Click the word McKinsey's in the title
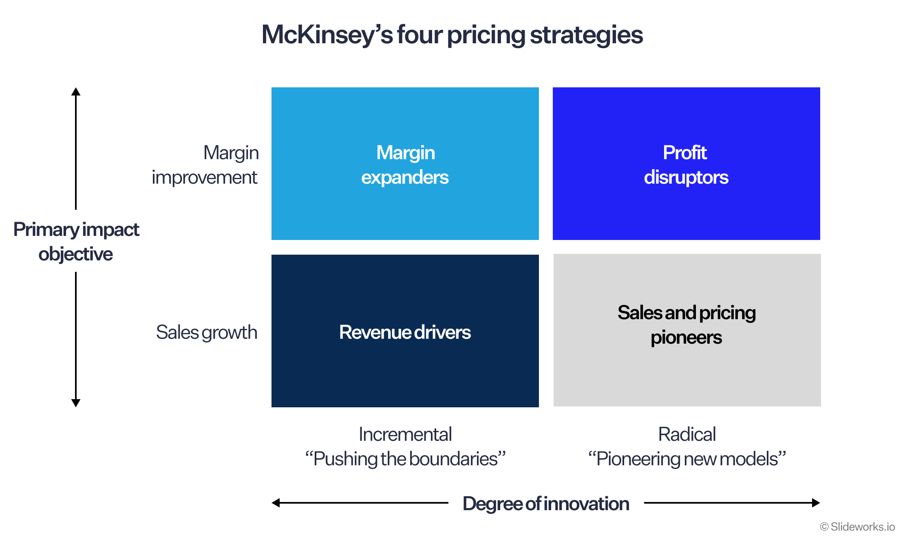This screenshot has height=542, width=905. click(x=327, y=35)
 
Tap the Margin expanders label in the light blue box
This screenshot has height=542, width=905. click(x=405, y=165)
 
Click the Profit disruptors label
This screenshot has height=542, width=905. click(x=686, y=165)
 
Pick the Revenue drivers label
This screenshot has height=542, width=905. click(x=405, y=332)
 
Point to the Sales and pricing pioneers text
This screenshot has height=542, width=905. click(x=686, y=325)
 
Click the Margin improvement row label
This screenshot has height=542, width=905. click(x=205, y=165)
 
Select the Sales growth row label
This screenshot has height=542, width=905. click(x=207, y=333)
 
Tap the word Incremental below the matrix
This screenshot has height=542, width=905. click(x=405, y=434)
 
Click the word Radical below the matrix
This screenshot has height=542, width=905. click(x=687, y=434)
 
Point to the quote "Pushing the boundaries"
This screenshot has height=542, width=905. click(x=405, y=459)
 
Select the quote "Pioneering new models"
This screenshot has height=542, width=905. click(x=687, y=459)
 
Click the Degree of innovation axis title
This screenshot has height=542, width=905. click(x=546, y=504)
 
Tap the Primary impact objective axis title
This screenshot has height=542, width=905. click(x=76, y=242)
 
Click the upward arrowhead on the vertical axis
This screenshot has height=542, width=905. click(x=76, y=91)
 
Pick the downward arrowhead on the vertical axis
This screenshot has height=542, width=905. click(x=76, y=403)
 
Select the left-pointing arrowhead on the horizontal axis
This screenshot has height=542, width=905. click(x=276, y=503)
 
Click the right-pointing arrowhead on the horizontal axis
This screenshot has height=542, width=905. click(x=816, y=503)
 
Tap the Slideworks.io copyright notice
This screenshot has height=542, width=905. click(x=857, y=527)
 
